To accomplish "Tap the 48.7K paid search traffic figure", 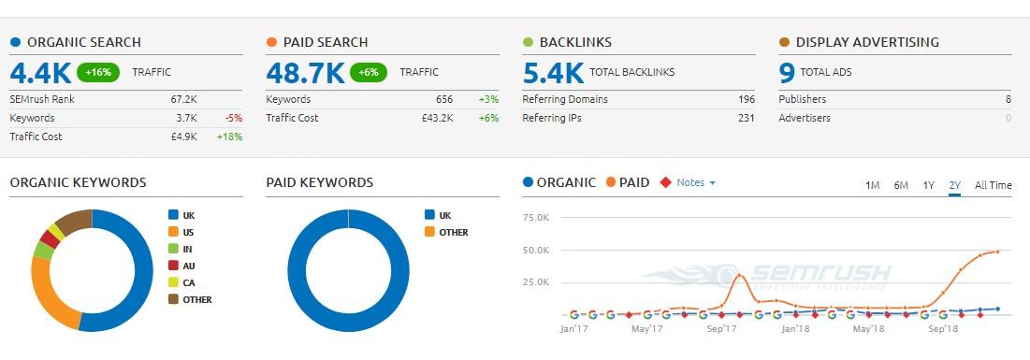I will (304, 72).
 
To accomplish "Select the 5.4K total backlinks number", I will (553, 72).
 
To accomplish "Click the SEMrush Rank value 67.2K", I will (183, 99).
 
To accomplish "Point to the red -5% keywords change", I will (234, 118).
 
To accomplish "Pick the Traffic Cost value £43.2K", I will (437, 118).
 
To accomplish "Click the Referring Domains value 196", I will (746, 99).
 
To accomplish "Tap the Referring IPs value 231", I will (746, 118).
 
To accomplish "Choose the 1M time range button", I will (872, 185).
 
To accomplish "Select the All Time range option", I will (993, 185).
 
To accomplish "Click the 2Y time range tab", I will (954, 185).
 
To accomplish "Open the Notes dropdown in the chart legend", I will (695, 182).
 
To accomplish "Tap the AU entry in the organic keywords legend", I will (188, 266).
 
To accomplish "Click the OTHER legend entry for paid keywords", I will (453, 232).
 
